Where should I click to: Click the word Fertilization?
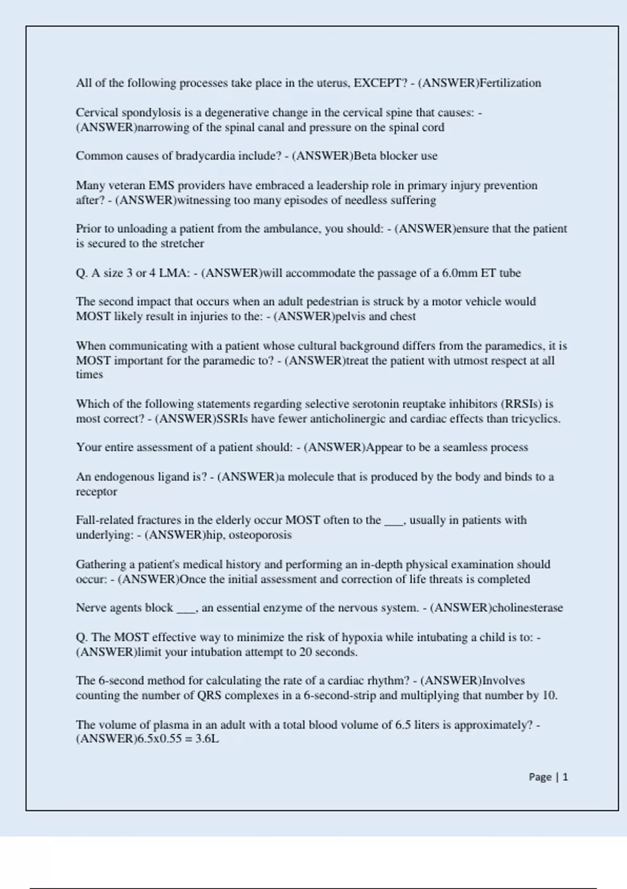coord(510,83)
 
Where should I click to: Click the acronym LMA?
coord(172,273)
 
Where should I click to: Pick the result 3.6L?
coord(207,739)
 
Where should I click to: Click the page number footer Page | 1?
coord(548,777)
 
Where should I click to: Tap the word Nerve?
coord(90,608)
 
